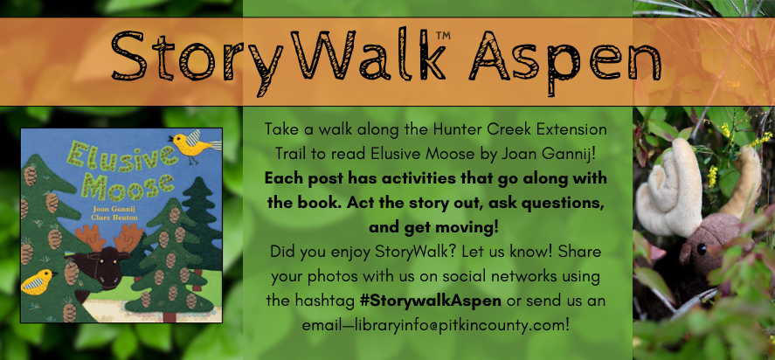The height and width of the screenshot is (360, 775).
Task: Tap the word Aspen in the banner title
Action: click(565, 62)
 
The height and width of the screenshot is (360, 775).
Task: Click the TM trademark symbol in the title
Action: click(443, 35)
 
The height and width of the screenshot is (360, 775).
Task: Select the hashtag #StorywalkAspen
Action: click(431, 301)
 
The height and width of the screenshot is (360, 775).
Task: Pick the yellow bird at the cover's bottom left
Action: click(38, 281)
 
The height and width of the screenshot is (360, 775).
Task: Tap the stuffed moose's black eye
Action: click(702, 250)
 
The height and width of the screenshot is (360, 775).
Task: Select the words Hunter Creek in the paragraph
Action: click(466, 130)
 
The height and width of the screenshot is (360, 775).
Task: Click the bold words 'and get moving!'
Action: click(433, 228)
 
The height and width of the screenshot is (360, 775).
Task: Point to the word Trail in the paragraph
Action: click(290, 154)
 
